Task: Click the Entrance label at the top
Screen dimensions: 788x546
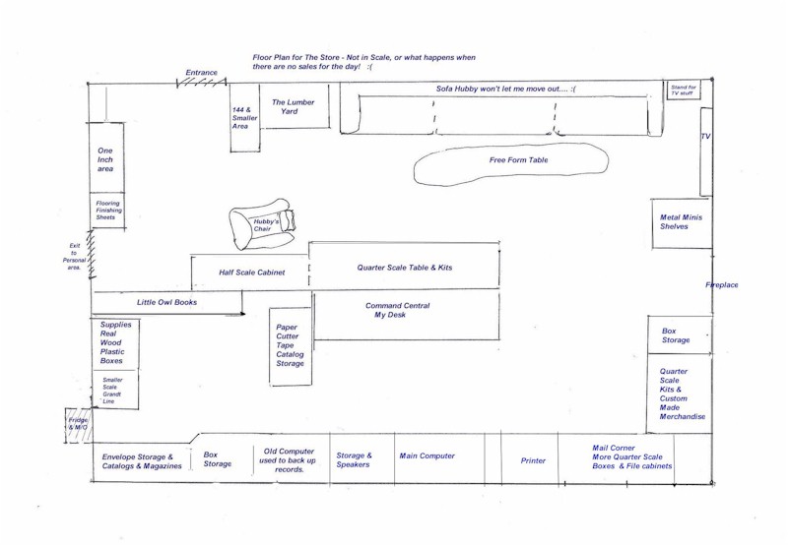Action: coord(202,72)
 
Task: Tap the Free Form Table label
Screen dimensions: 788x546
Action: coord(519,160)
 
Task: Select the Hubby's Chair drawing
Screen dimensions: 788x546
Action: coord(262,223)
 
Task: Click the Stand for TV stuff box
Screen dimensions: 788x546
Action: coord(684,91)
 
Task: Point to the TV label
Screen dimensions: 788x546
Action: coord(706,136)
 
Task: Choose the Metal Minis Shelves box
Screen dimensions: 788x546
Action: coord(682,223)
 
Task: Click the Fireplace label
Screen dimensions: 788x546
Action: coord(722,285)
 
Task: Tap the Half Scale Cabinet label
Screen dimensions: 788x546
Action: coord(252,273)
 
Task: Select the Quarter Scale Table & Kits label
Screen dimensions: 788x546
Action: coord(405,268)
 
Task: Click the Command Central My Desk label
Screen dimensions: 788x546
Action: coord(397,310)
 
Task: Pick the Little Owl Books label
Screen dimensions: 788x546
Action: coord(166,302)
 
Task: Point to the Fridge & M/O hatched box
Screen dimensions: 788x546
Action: coord(78,425)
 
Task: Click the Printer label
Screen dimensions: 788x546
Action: coord(533,460)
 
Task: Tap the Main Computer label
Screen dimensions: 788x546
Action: coord(427,455)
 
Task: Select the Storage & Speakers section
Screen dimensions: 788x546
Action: coord(361,458)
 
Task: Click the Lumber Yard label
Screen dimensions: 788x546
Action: coord(293,106)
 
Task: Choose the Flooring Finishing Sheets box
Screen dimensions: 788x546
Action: coord(107,211)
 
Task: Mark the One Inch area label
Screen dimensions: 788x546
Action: coord(105,159)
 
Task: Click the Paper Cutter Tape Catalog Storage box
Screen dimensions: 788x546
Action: coord(291,346)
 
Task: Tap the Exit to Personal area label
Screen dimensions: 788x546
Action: coord(75,257)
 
